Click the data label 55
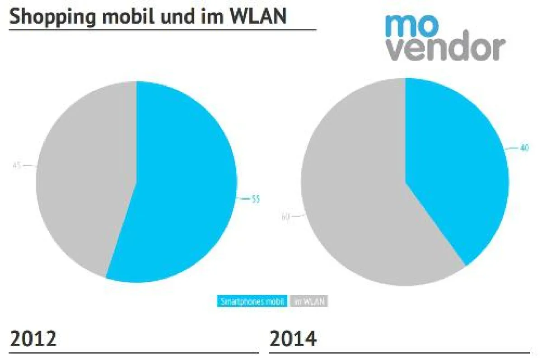[256, 199]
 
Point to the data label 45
[17, 166]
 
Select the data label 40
[524, 148]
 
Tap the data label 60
[285, 217]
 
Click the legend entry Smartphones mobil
[252, 301]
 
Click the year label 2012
[33, 339]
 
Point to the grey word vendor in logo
[445, 49]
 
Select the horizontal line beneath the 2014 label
[399, 352]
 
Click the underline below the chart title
[163, 30]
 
